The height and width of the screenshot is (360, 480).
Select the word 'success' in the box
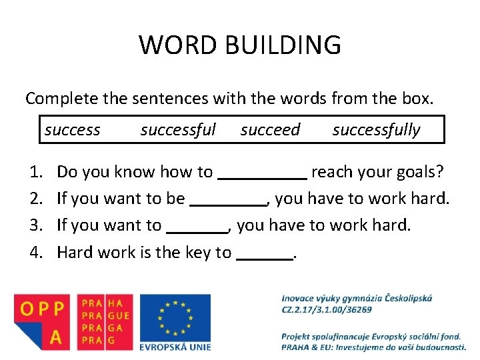(x=72, y=130)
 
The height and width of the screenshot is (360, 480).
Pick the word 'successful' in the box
(x=178, y=130)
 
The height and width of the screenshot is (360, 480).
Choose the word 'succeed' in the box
(x=270, y=130)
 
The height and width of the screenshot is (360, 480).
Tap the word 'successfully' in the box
(x=376, y=130)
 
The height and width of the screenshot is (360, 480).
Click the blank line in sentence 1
(x=263, y=177)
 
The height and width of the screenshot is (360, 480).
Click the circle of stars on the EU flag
(x=175, y=317)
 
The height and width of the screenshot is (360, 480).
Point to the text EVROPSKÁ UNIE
(x=175, y=346)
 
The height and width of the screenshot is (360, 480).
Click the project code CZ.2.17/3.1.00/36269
(x=326, y=309)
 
